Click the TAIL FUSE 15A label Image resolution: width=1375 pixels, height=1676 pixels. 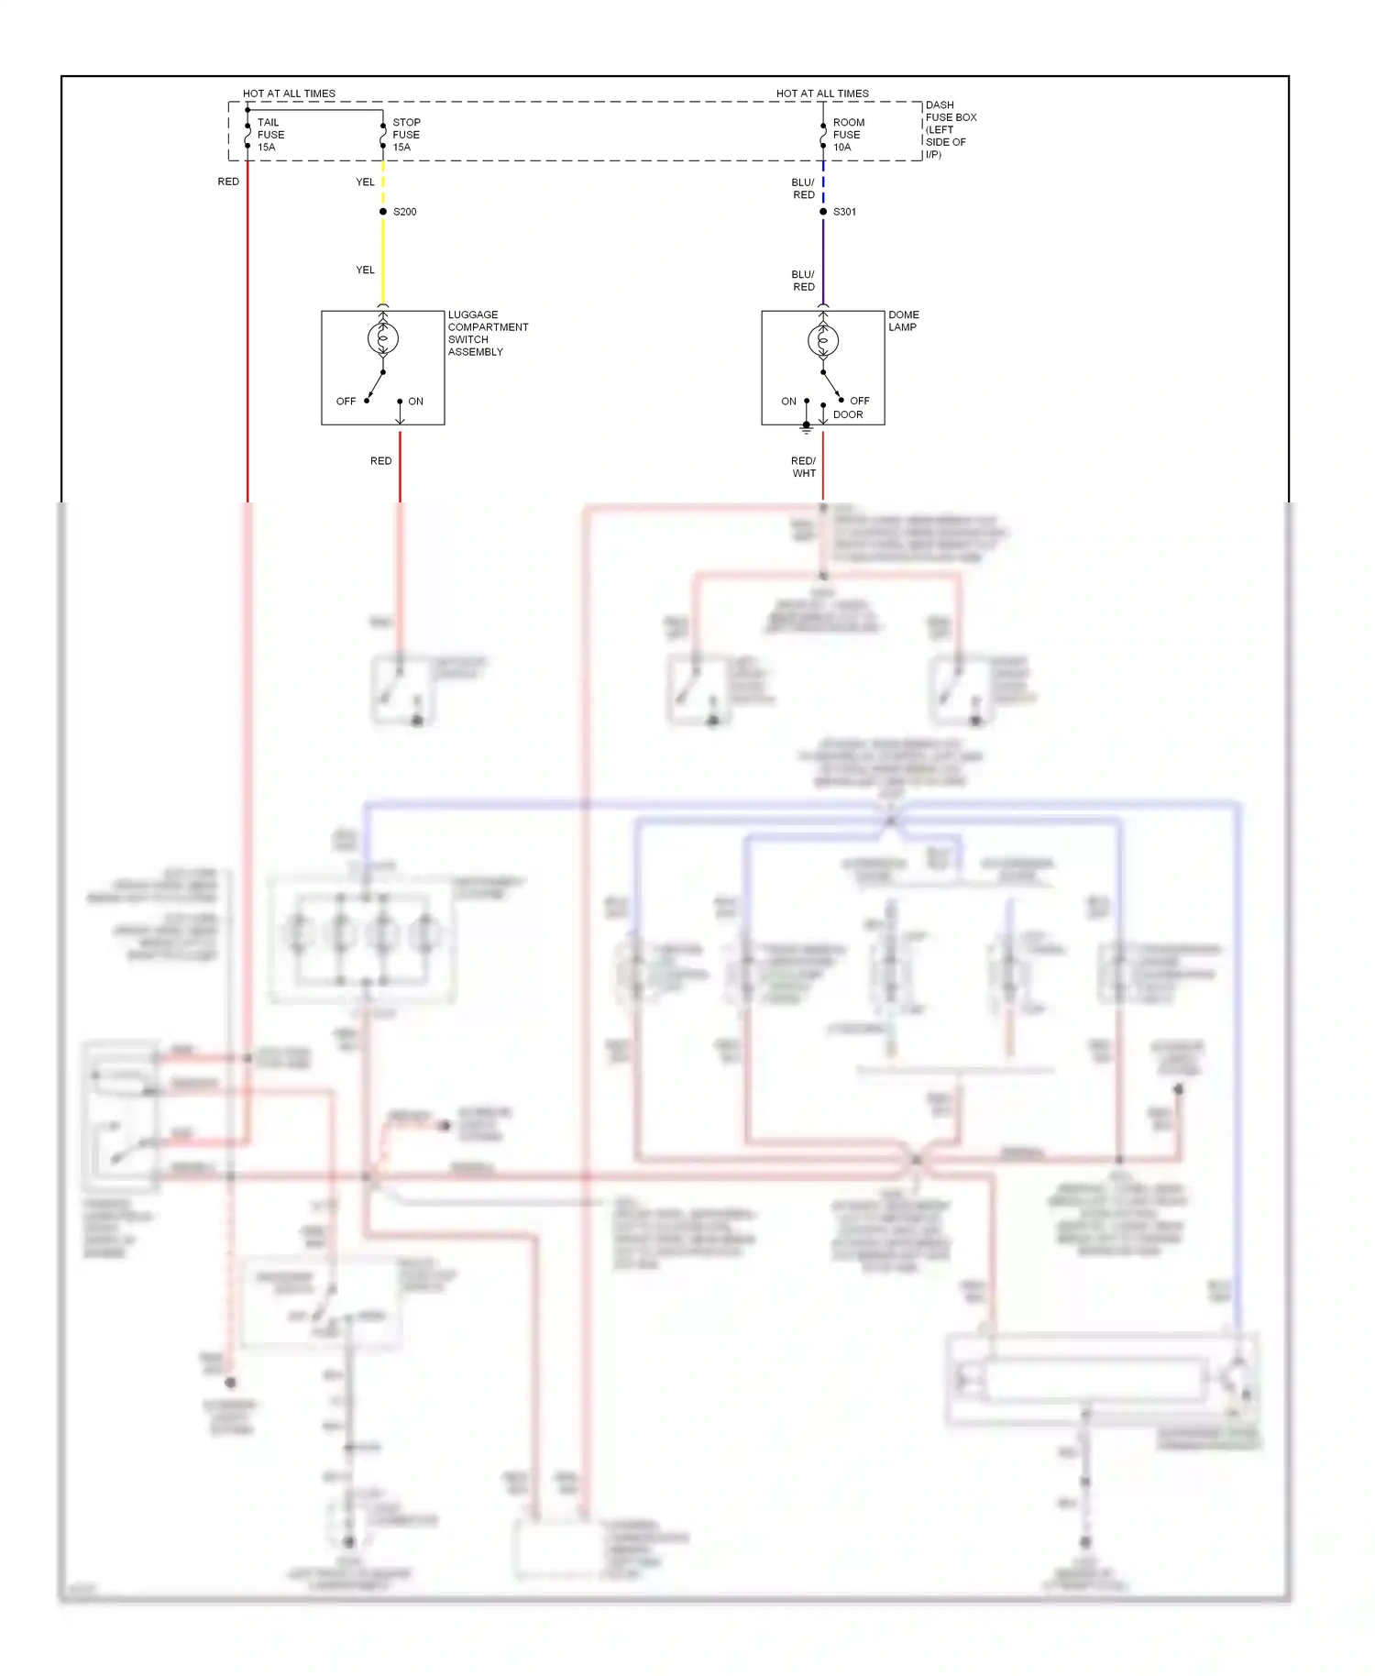pyautogui.click(x=270, y=135)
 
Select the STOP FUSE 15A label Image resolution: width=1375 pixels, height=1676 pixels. pyautogui.click(x=406, y=135)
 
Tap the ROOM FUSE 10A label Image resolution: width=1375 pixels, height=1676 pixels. pyautogui.click(x=848, y=135)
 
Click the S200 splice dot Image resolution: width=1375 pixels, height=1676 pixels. pyautogui.click(x=383, y=212)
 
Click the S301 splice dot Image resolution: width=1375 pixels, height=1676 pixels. pyautogui.click(x=823, y=212)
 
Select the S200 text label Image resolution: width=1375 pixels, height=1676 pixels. pyautogui.click(x=404, y=212)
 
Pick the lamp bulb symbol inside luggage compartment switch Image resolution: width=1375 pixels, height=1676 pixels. pyautogui.click(x=383, y=339)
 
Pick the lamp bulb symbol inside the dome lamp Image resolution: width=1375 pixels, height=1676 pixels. pyautogui.click(x=823, y=341)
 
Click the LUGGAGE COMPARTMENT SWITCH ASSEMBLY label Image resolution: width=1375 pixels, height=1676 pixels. pyautogui.click(x=487, y=333)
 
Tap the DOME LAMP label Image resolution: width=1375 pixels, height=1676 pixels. pyautogui.click(x=903, y=321)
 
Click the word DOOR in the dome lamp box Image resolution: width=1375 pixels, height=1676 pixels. pyautogui.click(x=848, y=414)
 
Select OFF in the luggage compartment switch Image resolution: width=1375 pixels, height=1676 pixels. pyautogui.click(x=346, y=402)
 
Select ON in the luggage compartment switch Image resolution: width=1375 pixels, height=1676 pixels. pyautogui.click(x=415, y=402)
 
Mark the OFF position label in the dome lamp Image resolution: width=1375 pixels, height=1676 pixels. pyautogui.click(x=859, y=401)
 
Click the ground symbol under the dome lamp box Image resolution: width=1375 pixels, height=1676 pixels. pyautogui.click(x=807, y=428)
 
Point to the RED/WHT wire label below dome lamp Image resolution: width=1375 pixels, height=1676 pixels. pyautogui.click(x=803, y=467)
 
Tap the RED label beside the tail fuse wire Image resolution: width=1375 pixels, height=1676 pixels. pyautogui.click(x=228, y=182)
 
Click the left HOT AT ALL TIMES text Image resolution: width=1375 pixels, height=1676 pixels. pyautogui.click(x=289, y=94)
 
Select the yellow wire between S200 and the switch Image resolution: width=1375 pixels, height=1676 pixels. pyautogui.click(x=383, y=261)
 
